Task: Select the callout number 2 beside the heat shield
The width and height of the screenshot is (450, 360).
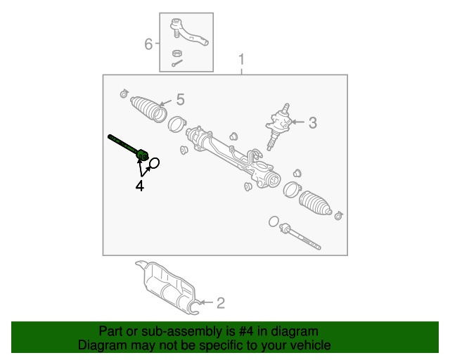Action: tap(220, 303)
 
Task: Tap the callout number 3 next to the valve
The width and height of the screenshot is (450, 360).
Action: tap(312, 123)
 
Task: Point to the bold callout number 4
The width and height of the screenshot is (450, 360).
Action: tap(140, 186)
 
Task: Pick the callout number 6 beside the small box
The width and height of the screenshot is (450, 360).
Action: tap(148, 44)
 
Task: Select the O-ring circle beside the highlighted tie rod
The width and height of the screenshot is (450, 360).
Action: tap(155, 163)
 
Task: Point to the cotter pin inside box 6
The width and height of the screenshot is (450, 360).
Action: tap(176, 64)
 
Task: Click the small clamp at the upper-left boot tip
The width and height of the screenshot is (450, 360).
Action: tap(124, 94)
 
